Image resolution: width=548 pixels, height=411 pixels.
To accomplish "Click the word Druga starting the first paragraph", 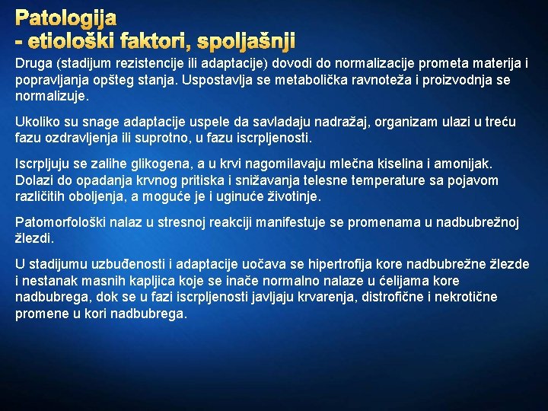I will pos(33,63).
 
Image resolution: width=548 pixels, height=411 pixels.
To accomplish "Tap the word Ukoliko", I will pos(37,123).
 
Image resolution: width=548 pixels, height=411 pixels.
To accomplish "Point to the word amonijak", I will pos(464,164).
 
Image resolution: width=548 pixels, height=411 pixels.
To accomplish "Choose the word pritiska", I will pos(228,180).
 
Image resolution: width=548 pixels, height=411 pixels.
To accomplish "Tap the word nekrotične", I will pos(440,297).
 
